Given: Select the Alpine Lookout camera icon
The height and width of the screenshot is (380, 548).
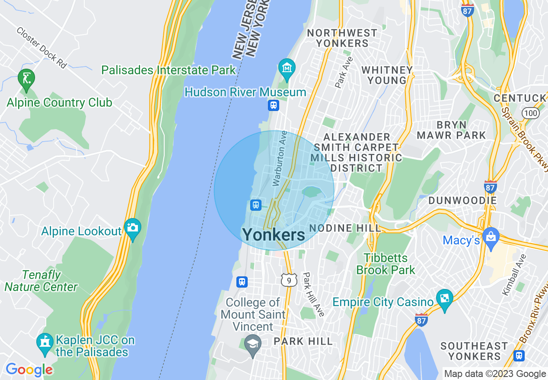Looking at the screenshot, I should [132, 226].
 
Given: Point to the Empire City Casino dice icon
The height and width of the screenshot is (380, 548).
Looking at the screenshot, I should [444, 297].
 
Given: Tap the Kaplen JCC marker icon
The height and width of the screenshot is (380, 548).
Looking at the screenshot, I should [44, 342].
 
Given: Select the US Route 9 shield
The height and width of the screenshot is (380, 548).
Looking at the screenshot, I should [289, 280].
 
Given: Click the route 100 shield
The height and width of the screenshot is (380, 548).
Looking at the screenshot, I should [530, 113].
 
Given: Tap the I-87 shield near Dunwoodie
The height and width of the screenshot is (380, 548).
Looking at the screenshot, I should [490, 187].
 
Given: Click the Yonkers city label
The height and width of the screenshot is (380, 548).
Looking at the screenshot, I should [274, 235].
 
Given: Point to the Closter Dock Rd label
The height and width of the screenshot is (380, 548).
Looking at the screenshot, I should [42, 48].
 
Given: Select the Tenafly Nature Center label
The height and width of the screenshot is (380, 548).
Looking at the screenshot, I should [41, 281].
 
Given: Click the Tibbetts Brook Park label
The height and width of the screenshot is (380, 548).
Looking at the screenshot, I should [386, 264].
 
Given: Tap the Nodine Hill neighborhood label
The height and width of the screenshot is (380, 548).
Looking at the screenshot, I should [345, 228].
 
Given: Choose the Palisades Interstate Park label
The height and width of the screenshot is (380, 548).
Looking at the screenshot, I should [169, 70].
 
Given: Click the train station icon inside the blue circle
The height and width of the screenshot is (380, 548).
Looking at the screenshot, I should [256, 205].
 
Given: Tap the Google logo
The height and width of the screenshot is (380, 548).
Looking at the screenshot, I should [29, 370].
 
